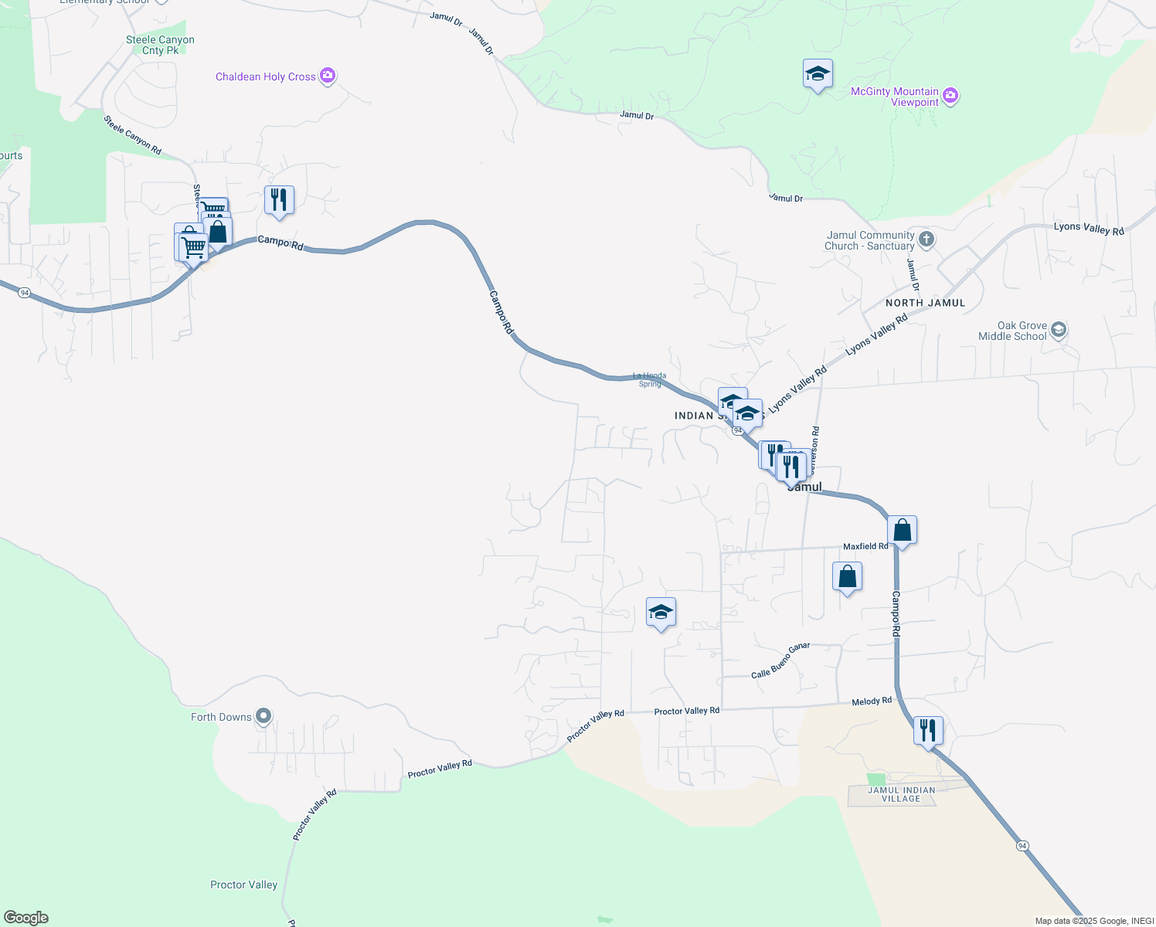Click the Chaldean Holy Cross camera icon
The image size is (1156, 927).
[x=328, y=76]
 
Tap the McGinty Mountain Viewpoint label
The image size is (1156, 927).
[x=894, y=97]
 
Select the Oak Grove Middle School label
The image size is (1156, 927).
[x=1012, y=331]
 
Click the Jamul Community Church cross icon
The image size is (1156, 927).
[x=926, y=239]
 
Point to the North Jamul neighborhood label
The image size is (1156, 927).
[x=925, y=303]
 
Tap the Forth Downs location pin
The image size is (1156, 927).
[x=263, y=716]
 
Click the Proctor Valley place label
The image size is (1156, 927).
[x=243, y=885]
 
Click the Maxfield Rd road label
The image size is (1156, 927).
[x=865, y=546]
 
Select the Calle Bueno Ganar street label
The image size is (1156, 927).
[x=780, y=660]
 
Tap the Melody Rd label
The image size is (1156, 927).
[x=872, y=701]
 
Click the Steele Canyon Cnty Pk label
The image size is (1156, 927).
[x=160, y=45]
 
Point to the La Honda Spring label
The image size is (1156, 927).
[x=649, y=380]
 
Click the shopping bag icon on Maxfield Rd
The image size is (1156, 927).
[x=902, y=531]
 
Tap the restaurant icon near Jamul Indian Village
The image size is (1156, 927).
[x=927, y=730]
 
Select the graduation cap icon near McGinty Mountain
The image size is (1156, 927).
[x=818, y=74]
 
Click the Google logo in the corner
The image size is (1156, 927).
[x=26, y=918]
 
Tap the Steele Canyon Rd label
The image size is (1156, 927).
[x=133, y=135]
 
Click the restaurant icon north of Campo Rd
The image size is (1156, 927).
[x=279, y=199]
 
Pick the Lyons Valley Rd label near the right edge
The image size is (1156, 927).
[x=1089, y=228]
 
